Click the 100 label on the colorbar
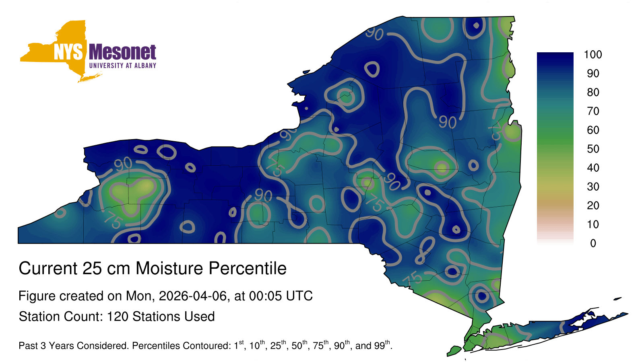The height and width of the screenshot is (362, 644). coord(592,55)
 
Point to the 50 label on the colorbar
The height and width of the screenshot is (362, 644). coord(593,149)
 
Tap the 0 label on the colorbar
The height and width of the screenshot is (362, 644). coord(593,243)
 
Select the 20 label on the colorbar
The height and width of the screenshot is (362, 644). coord(593,206)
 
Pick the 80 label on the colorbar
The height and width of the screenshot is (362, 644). coord(593,92)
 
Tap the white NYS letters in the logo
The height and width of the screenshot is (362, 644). coord(68,52)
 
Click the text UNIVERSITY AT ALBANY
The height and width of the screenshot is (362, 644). coord(122,66)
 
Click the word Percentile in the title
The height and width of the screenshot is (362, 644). coord(248,268)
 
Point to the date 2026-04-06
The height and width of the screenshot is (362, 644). coord(193,296)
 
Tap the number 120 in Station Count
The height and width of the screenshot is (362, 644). coord(117,317)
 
